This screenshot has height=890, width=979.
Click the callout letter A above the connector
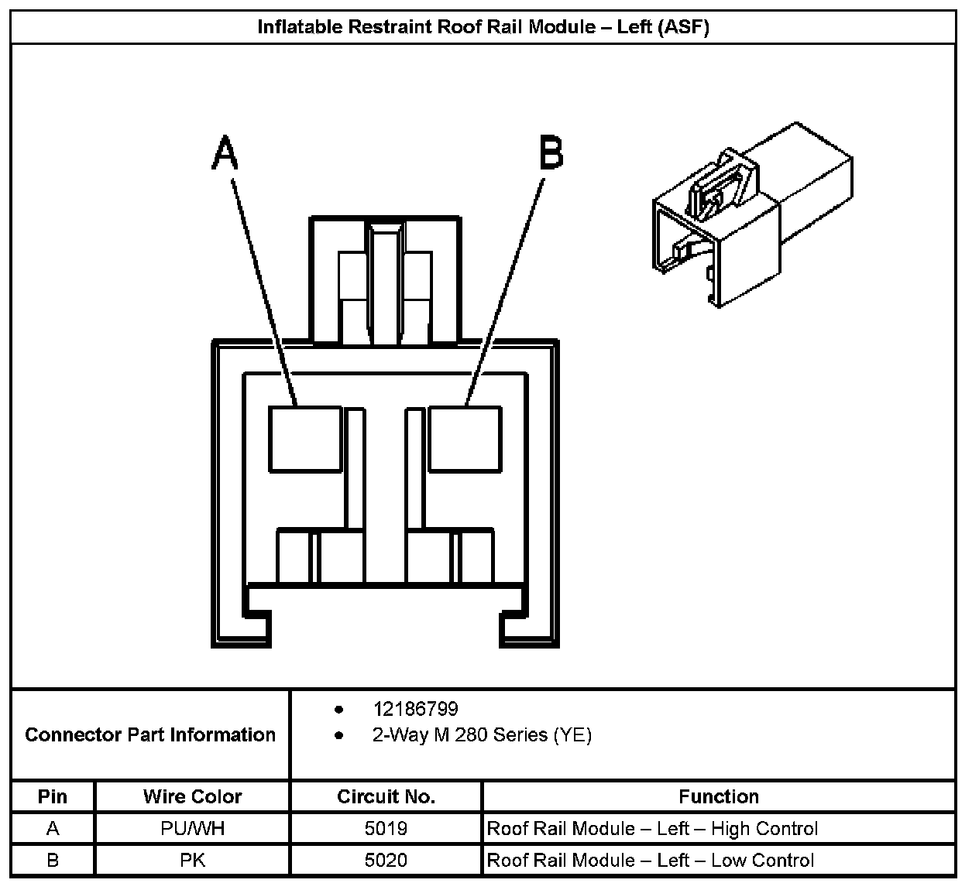point(225,152)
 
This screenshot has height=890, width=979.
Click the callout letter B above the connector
point(551,152)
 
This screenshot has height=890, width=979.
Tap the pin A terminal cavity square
point(305,439)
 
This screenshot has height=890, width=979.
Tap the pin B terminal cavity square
point(465,439)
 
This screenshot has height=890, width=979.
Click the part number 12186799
point(415,709)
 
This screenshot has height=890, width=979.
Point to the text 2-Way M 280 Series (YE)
point(482,735)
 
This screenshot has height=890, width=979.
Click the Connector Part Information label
point(150,734)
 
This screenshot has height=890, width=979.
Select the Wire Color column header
point(192,796)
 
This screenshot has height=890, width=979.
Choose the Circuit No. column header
point(386,796)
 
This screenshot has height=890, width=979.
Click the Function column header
point(718,796)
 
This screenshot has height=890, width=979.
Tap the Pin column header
point(53,796)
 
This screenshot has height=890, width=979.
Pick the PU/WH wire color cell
point(192,829)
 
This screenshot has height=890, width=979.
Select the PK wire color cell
point(192,861)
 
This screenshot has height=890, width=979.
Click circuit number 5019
point(386,829)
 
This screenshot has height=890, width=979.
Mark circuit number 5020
point(386,861)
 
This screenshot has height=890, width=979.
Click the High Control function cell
point(652,829)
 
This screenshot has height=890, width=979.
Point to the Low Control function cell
point(651,861)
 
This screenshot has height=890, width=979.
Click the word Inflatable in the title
point(299,27)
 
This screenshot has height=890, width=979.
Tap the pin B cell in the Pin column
point(53,861)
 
